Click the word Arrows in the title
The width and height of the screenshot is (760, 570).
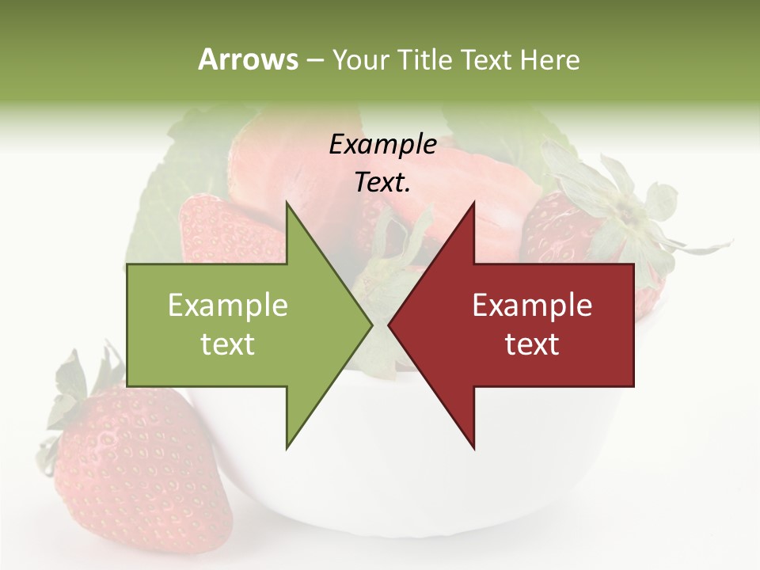248,59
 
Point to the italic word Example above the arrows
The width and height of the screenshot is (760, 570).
383,144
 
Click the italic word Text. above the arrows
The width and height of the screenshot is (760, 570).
383,183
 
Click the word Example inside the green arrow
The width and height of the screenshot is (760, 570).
228,306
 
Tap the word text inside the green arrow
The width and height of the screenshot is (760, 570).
228,344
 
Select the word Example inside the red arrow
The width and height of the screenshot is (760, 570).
532,306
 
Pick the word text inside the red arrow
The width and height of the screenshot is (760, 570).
532,344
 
